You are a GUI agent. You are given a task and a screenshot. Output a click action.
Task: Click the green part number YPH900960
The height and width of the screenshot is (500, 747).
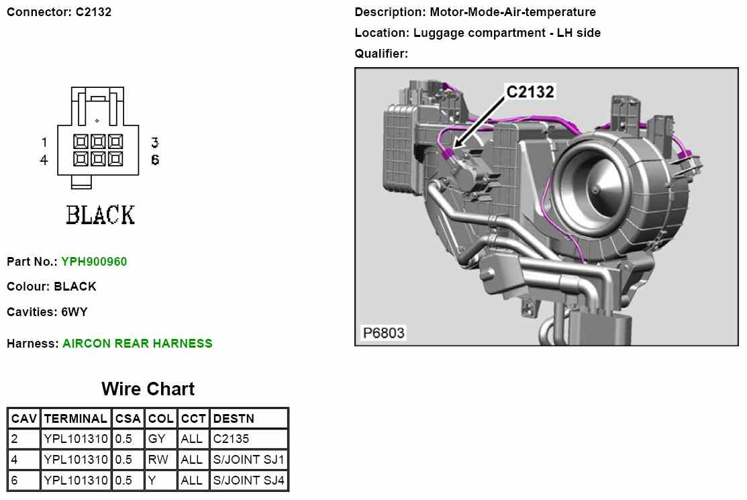click(x=94, y=262)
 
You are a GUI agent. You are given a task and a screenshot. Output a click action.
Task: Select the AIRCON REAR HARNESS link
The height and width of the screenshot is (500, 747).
click(x=137, y=344)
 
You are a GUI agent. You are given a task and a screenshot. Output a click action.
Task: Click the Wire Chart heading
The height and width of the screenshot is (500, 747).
click(x=148, y=389)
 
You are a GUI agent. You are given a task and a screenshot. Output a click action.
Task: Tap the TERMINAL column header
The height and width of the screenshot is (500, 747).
click(x=75, y=419)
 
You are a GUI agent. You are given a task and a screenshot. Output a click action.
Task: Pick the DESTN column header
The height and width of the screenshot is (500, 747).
click(x=234, y=419)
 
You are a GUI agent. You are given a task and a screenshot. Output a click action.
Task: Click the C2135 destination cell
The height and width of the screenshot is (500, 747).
click(x=231, y=438)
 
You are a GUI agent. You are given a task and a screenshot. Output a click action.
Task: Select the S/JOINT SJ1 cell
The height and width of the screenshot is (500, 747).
click(x=248, y=460)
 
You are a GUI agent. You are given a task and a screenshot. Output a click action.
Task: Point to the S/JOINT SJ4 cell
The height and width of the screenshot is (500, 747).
click(x=248, y=480)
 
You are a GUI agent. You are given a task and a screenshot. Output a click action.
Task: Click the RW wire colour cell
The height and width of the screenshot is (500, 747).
click(x=158, y=460)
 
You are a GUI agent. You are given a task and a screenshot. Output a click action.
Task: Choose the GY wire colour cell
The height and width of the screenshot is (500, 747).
click(x=156, y=438)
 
